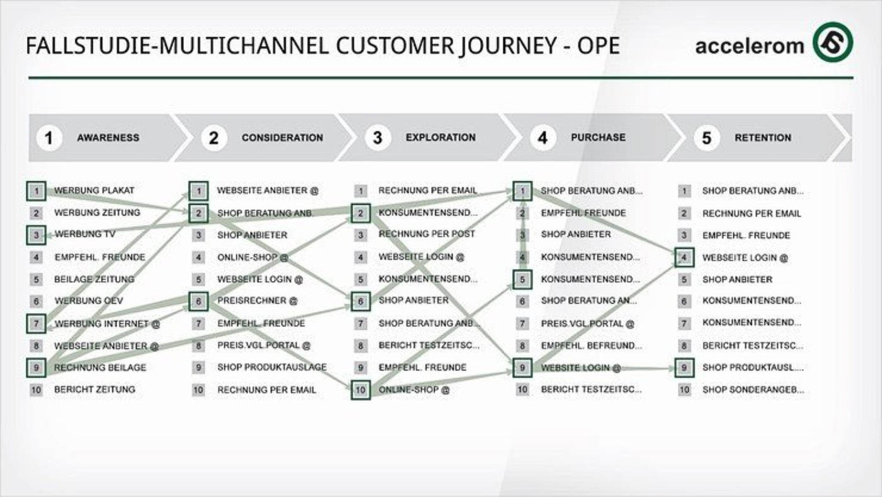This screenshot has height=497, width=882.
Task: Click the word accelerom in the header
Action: pyautogui.click(x=749, y=46)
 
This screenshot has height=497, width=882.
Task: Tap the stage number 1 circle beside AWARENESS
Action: pyautogui.click(x=49, y=137)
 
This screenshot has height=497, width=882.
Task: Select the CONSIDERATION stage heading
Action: pyautogui.click(x=282, y=137)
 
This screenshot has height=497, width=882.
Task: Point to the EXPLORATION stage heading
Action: pyautogui.click(x=440, y=137)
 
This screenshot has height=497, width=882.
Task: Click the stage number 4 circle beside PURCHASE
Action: pyautogui.click(x=542, y=137)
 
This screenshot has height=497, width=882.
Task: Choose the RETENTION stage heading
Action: pyautogui.click(x=762, y=137)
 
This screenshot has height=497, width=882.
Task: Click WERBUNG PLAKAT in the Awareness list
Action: pyautogui.click(x=94, y=190)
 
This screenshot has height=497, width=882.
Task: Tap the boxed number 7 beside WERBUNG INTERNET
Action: pyautogui.click(x=37, y=324)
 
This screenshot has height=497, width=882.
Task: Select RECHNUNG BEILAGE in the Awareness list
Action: pyautogui.click(x=100, y=367)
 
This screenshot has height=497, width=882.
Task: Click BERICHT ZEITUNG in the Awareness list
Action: pyautogui.click(x=94, y=389)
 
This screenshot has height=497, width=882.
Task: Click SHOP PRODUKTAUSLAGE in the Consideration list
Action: pyautogui.click(x=272, y=367)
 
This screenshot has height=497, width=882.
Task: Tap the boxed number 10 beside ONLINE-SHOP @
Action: pyautogui.click(x=360, y=390)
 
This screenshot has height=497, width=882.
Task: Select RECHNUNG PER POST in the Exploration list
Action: pyautogui.click(x=427, y=234)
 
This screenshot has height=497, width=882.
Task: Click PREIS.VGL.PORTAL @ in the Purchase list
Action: pyautogui.click(x=587, y=324)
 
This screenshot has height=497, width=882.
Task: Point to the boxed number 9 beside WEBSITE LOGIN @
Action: pyautogui.click(x=522, y=367)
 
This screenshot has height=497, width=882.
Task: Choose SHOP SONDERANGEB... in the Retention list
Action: pyautogui.click(x=753, y=390)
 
